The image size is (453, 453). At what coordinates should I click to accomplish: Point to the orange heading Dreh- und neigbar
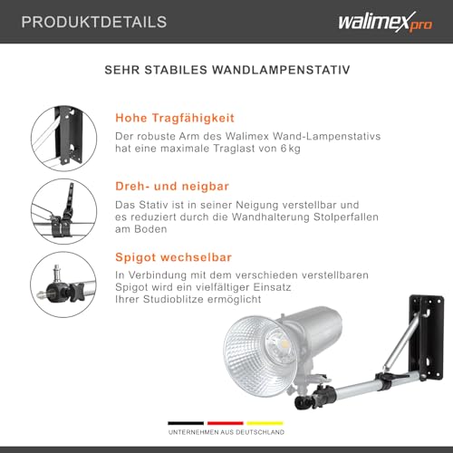(170, 186)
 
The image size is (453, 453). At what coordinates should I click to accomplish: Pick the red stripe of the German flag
(226, 422)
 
